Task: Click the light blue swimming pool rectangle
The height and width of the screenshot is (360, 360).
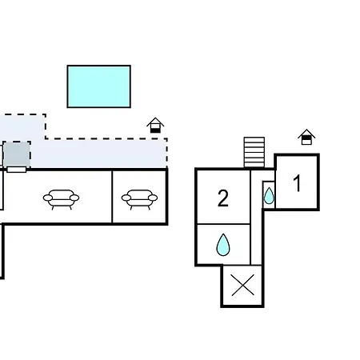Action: [x=99, y=86]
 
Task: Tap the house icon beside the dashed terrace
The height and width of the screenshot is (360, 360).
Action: [x=155, y=125]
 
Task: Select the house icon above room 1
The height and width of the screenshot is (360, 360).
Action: [x=306, y=137]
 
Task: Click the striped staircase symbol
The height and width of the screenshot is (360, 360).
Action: [x=254, y=152]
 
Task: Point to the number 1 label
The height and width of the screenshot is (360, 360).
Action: [x=297, y=183]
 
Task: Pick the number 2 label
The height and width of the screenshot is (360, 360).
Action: [x=223, y=198]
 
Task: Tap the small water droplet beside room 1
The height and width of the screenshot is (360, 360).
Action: [x=269, y=196]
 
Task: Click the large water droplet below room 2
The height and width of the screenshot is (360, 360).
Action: [x=223, y=245]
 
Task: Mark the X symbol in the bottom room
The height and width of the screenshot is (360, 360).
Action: [x=242, y=286]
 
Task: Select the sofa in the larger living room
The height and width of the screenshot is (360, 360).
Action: [x=61, y=199]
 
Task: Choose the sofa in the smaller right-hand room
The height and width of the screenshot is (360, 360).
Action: [x=139, y=199]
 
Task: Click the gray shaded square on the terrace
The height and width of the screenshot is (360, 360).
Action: [x=17, y=154]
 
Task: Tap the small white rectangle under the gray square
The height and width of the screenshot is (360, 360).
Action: [x=17, y=170]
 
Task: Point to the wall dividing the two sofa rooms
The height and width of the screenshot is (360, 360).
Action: [x=112, y=197]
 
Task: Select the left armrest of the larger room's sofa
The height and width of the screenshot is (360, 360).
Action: [x=48, y=198]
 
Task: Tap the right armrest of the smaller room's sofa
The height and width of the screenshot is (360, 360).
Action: [x=153, y=198]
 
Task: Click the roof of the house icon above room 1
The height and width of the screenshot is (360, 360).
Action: [x=306, y=133]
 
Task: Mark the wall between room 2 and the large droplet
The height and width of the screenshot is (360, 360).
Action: [x=223, y=224]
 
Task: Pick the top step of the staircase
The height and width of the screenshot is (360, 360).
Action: [x=254, y=139]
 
